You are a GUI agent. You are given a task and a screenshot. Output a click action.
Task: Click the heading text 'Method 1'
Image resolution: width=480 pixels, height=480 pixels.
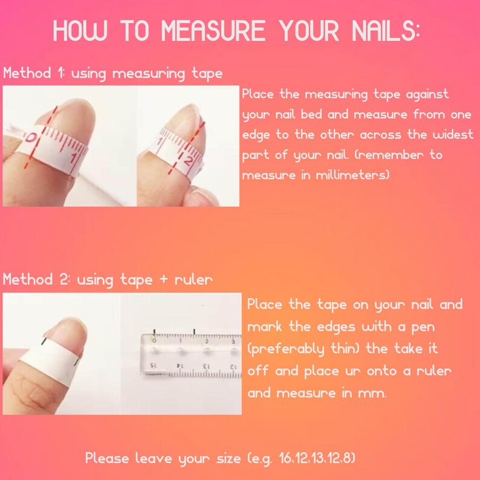[x=33, y=74]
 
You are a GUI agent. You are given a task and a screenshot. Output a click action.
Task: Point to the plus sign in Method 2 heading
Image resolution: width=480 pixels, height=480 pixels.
[x=159, y=281]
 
